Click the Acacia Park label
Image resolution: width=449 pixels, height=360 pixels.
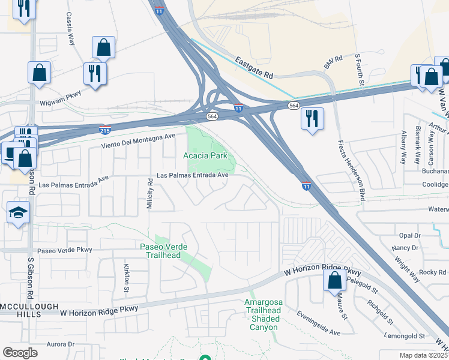205,155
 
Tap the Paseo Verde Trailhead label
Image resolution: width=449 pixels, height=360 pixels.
160,251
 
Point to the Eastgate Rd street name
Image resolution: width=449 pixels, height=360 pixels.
254,68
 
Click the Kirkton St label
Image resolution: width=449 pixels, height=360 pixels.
127,277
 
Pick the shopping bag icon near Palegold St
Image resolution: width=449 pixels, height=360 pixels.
334,279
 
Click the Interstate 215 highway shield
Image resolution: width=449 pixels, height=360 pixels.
104,129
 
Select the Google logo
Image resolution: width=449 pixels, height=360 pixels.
20,353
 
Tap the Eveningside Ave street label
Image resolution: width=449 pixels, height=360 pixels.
318,332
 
